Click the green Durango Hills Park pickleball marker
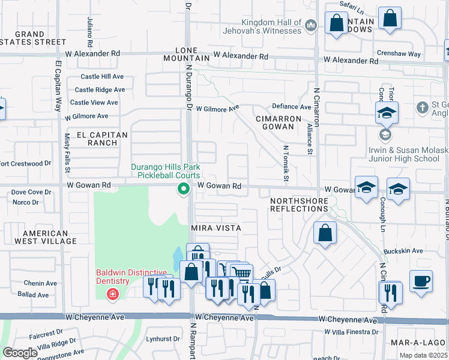tap(184, 190)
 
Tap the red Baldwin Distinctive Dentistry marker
tap(112, 294)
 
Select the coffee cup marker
tap(421, 281)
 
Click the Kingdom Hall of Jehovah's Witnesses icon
tap(310, 25)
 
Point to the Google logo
tap(20, 352)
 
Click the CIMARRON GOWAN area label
tap(277, 123)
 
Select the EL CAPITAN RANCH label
tap(99, 139)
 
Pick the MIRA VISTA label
tap(216, 228)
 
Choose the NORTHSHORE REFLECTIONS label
tap(299, 204)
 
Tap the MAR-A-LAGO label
tap(416, 343)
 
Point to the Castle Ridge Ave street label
tap(100, 89)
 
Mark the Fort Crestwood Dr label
tap(25, 163)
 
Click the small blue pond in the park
tap(178, 259)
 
